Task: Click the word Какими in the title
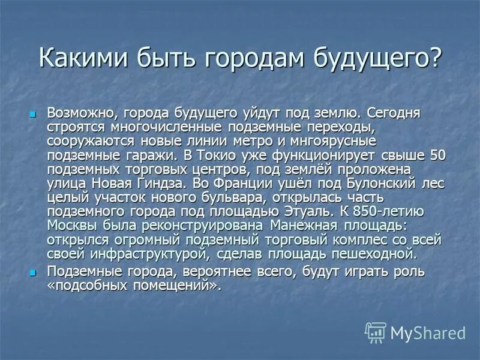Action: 76,58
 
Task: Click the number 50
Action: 438,155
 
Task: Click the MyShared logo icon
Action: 376,332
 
